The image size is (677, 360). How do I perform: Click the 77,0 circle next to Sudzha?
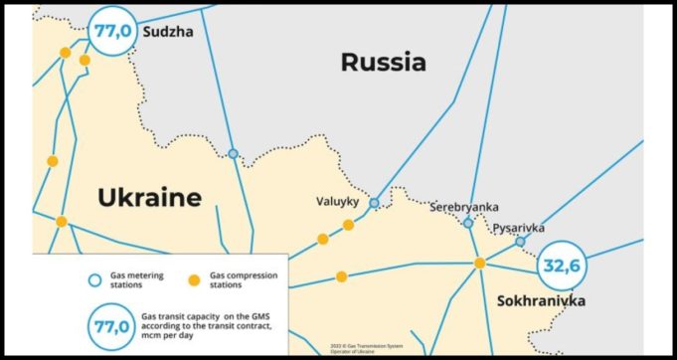click(x=112, y=31)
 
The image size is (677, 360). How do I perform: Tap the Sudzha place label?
click(x=169, y=32)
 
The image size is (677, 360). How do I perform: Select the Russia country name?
click(x=383, y=63)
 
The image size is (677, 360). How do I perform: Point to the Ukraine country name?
click(x=149, y=197)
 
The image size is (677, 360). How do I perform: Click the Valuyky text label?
click(x=336, y=200)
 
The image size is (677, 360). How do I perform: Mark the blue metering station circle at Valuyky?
click(x=374, y=203)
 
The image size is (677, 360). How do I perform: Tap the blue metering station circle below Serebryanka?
click(x=468, y=224)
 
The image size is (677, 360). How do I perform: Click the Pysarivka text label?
click(x=519, y=228)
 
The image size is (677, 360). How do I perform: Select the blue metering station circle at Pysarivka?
click(x=520, y=242)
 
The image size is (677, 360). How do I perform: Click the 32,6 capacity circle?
click(x=562, y=267)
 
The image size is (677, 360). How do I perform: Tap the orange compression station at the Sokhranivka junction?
click(x=479, y=264)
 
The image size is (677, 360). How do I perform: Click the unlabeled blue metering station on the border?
click(x=233, y=154)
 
